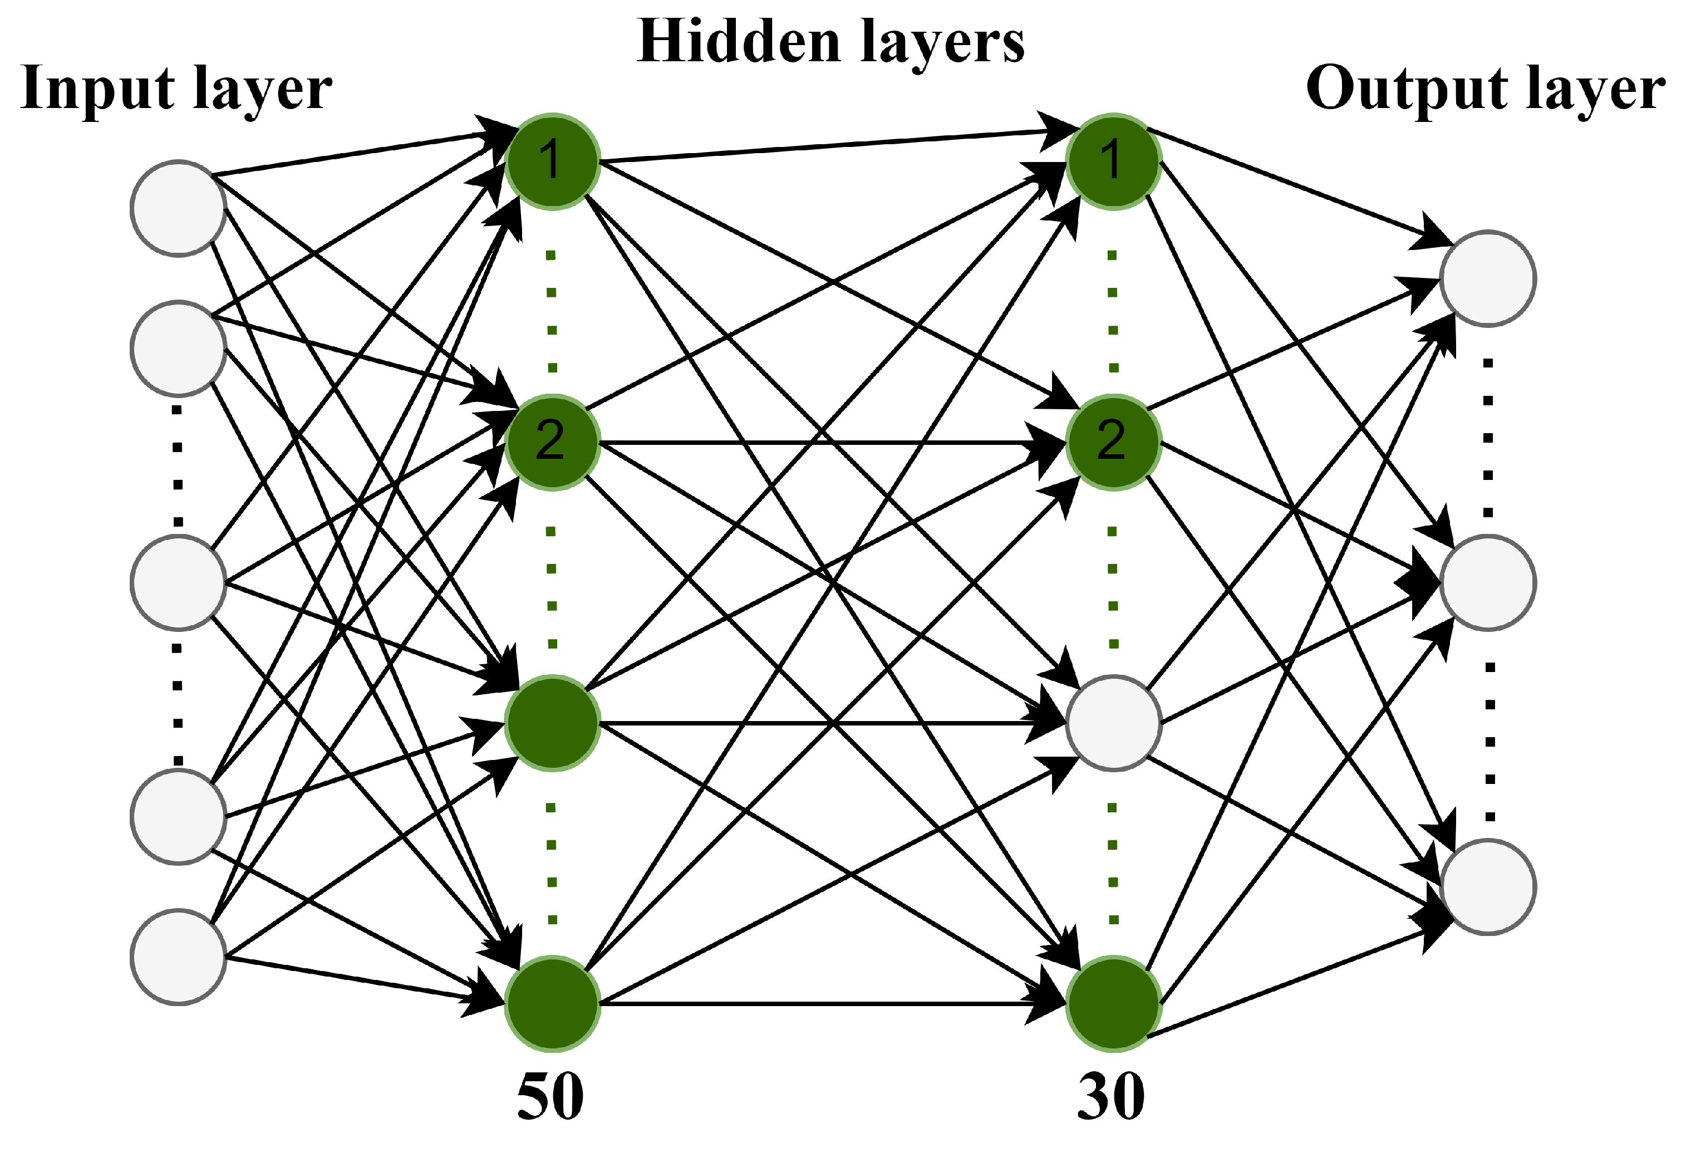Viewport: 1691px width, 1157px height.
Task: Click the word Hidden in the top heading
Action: click(738, 42)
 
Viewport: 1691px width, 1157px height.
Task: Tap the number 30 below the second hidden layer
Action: click(1111, 1097)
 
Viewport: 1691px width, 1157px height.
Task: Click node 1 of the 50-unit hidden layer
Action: click(552, 161)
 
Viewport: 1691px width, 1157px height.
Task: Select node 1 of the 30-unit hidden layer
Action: click(1113, 161)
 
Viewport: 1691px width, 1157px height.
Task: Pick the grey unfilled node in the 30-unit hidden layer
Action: click(1113, 723)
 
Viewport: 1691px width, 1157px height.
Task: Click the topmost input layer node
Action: click(178, 208)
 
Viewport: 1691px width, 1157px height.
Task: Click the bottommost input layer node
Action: click(178, 958)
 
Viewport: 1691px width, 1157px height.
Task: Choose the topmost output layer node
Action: click(1488, 278)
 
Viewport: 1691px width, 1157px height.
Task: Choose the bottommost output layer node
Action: click(1488, 887)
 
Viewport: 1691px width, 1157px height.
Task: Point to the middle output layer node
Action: click(1488, 582)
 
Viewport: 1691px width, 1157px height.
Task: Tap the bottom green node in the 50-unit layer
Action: click(552, 1004)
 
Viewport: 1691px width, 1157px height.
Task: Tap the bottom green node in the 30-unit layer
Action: click(1113, 1004)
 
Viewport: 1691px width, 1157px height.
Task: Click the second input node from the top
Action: click(178, 349)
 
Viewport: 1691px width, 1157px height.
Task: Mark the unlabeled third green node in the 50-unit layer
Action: click(552, 723)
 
